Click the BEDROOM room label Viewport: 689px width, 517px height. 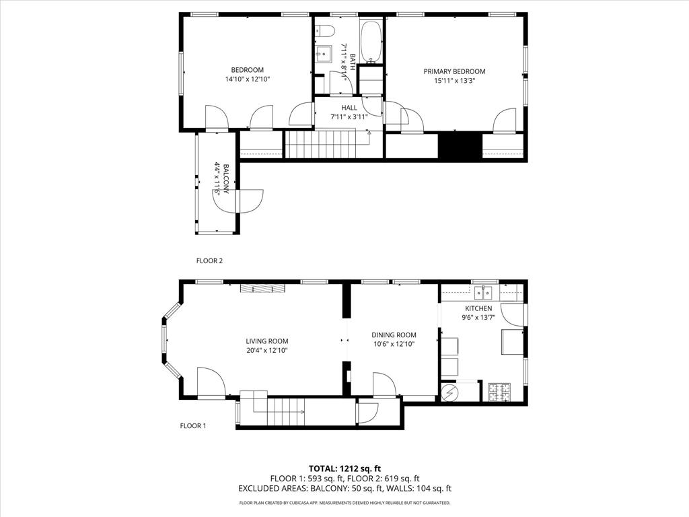(x=247, y=70)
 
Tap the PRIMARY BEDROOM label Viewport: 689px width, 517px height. (x=454, y=71)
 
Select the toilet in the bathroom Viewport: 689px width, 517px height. (x=325, y=30)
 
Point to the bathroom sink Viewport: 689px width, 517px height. (x=323, y=54)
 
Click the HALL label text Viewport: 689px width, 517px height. (x=349, y=108)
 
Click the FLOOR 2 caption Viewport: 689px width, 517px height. (x=209, y=261)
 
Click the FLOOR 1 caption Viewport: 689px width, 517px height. (x=193, y=425)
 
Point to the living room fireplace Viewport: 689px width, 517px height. (x=263, y=288)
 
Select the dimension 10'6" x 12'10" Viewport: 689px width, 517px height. (x=394, y=344)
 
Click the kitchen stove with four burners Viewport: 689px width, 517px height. (x=499, y=391)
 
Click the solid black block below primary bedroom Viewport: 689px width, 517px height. (x=460, y=146)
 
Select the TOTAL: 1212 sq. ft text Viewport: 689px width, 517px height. (x=344, y=468)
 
